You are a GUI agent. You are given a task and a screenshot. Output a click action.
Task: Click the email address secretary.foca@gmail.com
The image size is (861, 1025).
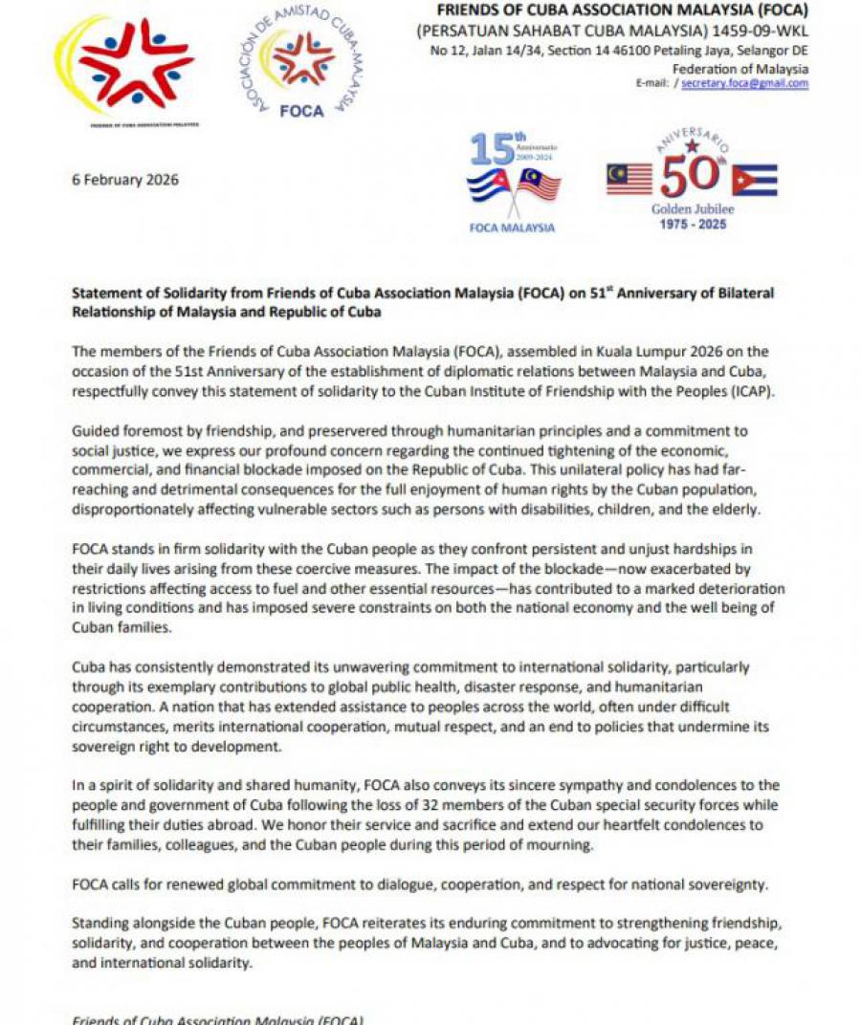coord(745,84)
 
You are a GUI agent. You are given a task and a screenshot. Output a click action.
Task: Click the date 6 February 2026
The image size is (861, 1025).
coord(125,180)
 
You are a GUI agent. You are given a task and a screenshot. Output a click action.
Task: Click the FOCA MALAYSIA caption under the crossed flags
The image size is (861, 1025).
coord(512,229)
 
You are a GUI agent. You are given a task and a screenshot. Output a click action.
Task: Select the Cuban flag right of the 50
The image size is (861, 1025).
coord(754,180)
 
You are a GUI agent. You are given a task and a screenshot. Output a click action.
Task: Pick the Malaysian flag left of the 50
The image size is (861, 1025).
coord(629,179)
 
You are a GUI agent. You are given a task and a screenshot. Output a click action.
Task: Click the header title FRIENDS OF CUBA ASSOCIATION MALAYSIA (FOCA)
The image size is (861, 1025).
coord(622,11)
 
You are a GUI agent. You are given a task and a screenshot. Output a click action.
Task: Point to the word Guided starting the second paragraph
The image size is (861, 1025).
coord(96,431)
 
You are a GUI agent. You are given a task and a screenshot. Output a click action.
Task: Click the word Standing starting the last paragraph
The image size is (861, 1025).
coord(101,923)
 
